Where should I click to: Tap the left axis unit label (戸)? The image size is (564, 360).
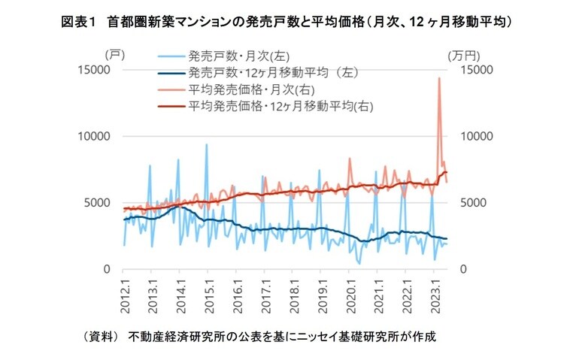[x=112, y=55]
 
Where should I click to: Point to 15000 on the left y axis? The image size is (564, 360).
[x=96, y=70]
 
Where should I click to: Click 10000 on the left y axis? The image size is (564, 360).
[x=96, y=136]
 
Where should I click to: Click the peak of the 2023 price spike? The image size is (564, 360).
[x=438, y=77]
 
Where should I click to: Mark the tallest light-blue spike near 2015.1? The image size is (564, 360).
[x=207, y=144]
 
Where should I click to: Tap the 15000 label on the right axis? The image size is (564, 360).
[x=466, y=70]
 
